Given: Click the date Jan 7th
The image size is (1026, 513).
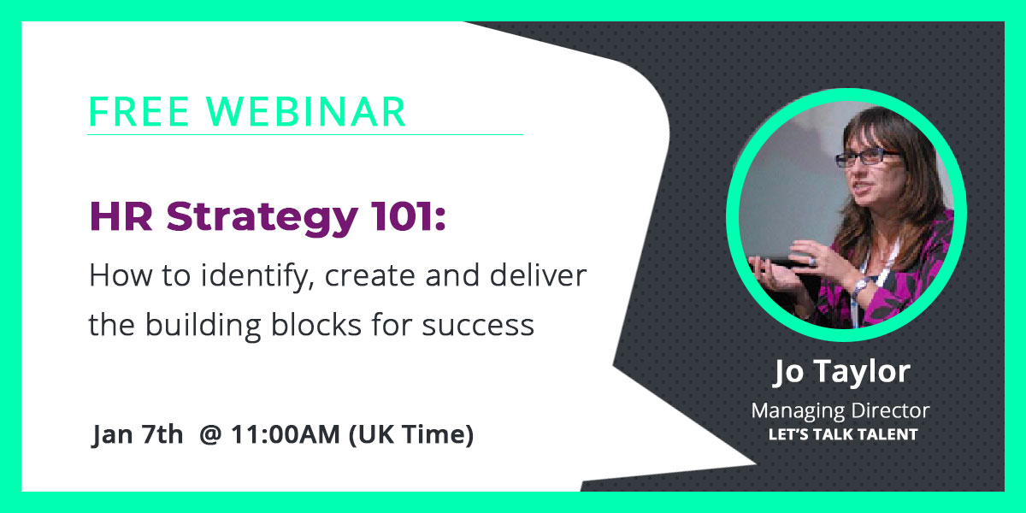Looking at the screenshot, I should (138, 435).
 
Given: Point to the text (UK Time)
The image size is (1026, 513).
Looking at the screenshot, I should (411, 435).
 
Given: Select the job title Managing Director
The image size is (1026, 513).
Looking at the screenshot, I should (840, 411).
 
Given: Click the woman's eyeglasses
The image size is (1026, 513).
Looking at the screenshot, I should (867, 158).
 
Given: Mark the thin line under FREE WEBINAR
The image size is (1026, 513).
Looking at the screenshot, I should (304, 134).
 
